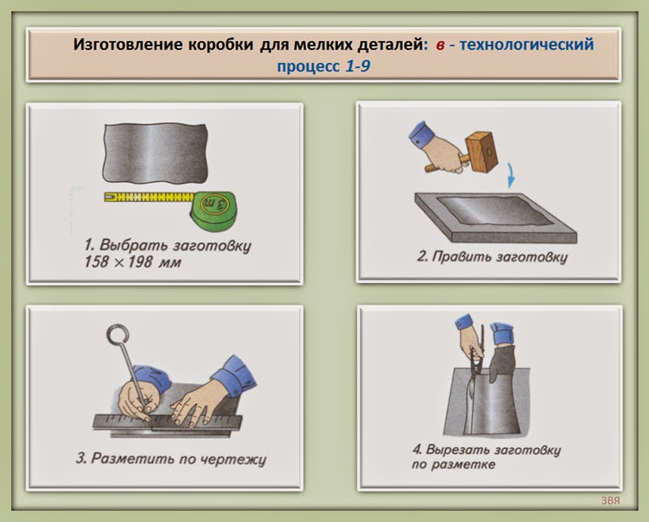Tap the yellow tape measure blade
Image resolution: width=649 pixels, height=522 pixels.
point(149,197)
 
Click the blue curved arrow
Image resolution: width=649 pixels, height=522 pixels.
point(512,176)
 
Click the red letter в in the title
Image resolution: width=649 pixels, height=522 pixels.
point(440,45)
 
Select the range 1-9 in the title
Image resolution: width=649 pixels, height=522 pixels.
point(358,66)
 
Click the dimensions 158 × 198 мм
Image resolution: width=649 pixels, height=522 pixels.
point(133,263)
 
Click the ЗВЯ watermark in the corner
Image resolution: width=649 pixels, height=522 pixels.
point(611,500)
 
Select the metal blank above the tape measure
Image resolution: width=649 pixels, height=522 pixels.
point(155,152)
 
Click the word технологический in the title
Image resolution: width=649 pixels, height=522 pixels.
point(527,45)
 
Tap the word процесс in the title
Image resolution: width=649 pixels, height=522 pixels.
point(309,66)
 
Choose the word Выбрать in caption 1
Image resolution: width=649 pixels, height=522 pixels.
point(134,245)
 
